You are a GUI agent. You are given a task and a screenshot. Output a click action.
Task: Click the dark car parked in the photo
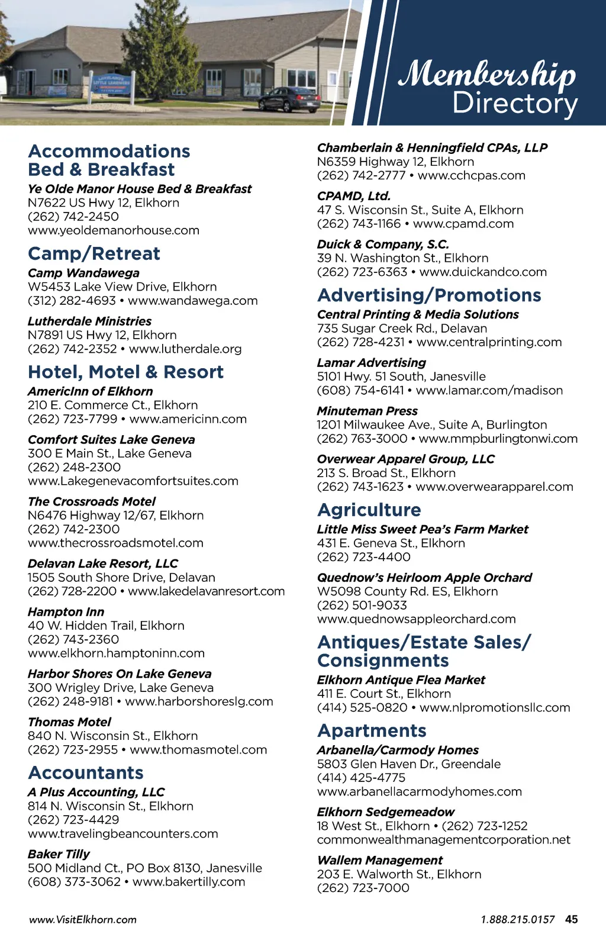pos(289,99)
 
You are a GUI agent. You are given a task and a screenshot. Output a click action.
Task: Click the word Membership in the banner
pos(486,74)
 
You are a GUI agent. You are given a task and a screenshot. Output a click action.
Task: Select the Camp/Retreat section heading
pos(94,254)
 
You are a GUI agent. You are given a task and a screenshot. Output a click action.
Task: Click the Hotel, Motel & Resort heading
pos(125,372)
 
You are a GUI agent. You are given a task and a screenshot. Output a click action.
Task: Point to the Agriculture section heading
pos(369,510)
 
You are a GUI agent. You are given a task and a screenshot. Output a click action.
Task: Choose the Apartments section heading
pos(372,731)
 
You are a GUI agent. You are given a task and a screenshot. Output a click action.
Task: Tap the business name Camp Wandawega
pos(83,273)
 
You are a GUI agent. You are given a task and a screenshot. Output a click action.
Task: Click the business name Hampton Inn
pos(66,612)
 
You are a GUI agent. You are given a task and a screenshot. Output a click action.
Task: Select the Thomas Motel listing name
pos(69,722)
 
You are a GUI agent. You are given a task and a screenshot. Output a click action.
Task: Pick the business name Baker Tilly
pos(59,854)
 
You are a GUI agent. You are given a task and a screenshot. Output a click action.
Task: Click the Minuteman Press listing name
pos(367,411)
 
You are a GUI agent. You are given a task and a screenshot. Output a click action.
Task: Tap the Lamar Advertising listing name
pos(371,363)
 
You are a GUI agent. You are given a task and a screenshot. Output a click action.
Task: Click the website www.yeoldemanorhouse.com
pos(114,230)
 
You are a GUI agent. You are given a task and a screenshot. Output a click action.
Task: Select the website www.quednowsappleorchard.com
pos(416,619)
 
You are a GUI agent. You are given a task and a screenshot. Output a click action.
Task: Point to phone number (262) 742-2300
pos(73,529)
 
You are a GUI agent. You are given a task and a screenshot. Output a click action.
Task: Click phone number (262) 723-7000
pos(363,888)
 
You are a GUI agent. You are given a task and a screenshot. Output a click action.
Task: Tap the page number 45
pos(571,919)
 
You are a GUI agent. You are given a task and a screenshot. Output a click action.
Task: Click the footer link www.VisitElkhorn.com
pos(83,920)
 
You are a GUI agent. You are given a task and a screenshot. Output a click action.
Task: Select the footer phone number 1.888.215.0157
pos(517,920)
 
